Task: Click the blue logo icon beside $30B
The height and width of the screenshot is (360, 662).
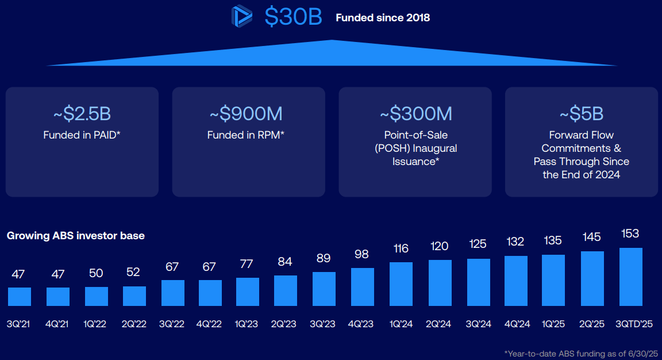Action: tap(242, 17)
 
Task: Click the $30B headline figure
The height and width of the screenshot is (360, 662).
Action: tap(293, 17)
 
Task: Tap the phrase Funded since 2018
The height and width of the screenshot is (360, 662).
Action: tap(383, 18)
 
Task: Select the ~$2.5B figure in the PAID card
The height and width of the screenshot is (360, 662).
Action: tap(82, 114)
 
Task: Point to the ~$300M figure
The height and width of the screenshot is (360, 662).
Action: tap(415, 114)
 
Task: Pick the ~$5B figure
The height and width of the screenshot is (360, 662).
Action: tap(581, 114)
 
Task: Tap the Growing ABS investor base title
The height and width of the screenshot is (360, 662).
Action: tap(76, 236)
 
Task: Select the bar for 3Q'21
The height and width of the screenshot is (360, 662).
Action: tap(20, 296)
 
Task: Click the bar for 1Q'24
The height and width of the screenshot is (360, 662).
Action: tap(401, 284)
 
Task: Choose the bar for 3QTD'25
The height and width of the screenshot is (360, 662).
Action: tap(630, 277)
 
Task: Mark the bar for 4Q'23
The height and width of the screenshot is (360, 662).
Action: tap(363, 286)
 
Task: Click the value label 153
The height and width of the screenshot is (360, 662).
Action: tap(630, 234)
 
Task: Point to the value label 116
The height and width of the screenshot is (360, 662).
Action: tap(401, 248)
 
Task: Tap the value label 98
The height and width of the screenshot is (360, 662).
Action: tap(362, 254)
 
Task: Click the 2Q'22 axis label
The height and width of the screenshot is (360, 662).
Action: tap(134, 324)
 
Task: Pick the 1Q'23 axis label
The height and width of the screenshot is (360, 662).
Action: tap(247, 324)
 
